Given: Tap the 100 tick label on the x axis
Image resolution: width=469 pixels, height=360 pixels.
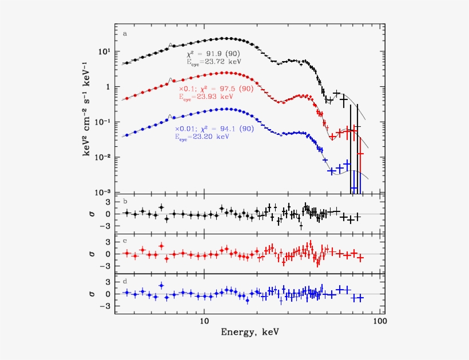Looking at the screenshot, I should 378,321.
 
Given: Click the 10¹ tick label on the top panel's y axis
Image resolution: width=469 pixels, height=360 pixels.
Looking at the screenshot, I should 105,51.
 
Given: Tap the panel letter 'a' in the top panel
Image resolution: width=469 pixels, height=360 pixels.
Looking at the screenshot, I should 125,33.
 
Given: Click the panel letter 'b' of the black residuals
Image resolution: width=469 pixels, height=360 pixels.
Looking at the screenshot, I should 125,201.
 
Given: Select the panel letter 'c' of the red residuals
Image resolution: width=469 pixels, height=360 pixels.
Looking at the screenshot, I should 125,241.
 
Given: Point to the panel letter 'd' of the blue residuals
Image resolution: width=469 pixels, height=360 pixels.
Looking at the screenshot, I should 125,281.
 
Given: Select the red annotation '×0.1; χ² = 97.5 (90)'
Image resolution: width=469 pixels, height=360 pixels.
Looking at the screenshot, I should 216,89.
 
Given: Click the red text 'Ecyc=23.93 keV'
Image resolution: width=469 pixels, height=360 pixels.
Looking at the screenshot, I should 208,97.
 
